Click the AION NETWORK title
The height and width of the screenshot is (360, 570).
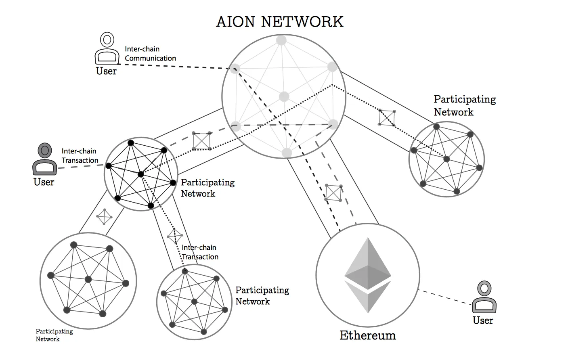(x=280, y=22)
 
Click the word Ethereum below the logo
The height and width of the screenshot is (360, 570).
(x=367, y=335)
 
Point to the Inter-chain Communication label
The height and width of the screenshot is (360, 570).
(x=150, y=54)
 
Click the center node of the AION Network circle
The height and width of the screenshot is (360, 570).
(x=284, y=97)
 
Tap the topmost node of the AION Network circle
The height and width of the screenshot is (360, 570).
(x=281, y=40)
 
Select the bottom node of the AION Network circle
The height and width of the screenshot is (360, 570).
(x=287, y=153)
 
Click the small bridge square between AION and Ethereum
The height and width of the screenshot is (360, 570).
(x=334, y=193)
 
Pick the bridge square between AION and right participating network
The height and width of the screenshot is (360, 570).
(x=387, y=117)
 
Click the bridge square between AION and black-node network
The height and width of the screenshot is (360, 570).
(x=201, y=141)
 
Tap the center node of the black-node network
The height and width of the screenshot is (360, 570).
(x=140, y=174)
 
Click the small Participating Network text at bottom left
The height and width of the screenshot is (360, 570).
(x=54, y=335)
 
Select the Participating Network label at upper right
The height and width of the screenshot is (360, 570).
(x=465, y=106)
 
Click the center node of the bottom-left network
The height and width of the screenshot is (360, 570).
(x=88, y=279)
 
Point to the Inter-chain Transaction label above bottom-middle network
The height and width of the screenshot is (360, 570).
(x=200, y=252)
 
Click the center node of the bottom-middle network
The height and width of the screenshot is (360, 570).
(x=194, y=301)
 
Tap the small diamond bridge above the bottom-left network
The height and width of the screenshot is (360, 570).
(x=105, y=217)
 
